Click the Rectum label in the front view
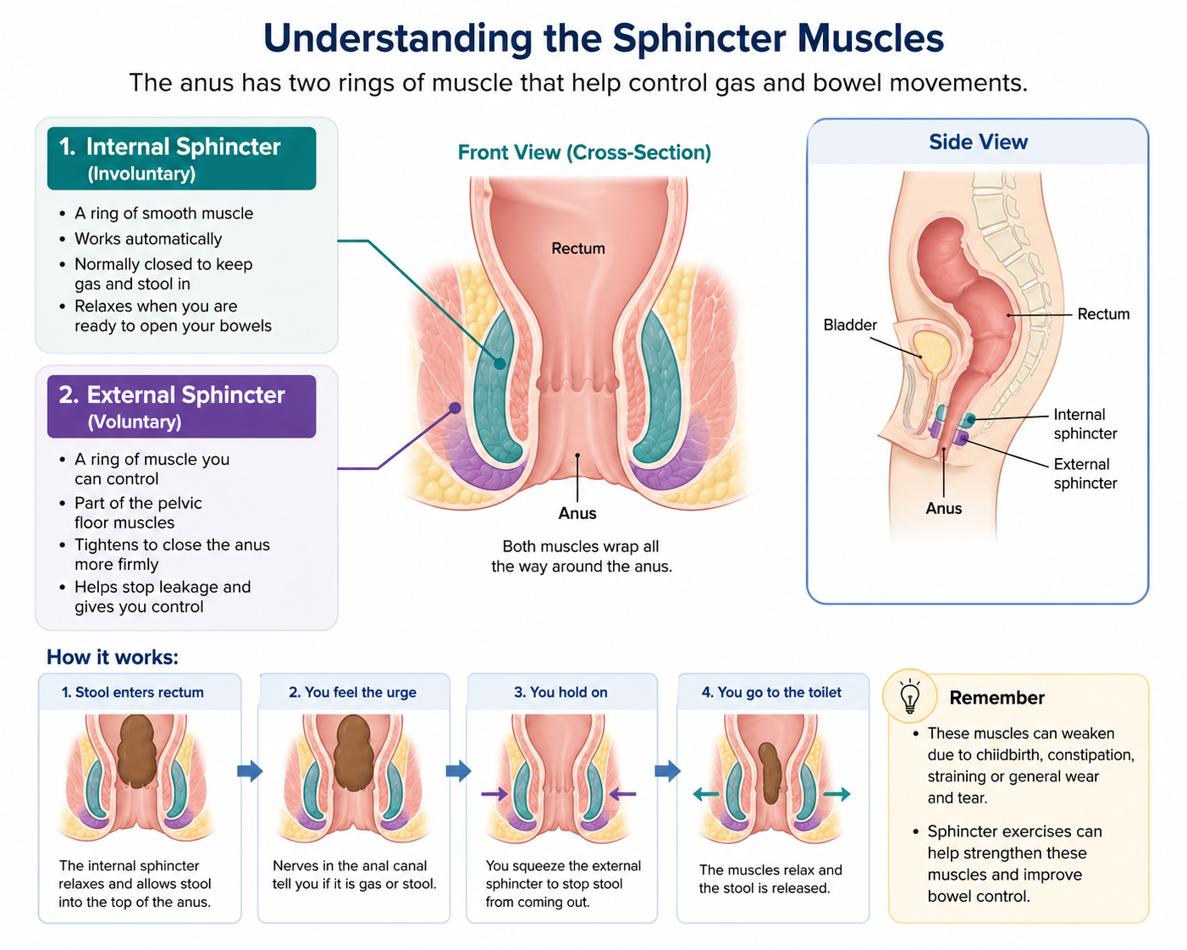tap(578, 248)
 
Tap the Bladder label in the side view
tap(850, 325)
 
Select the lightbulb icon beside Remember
tap(909, 697)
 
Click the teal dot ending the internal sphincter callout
tap(500, 363)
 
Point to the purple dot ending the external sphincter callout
tap(455, 408)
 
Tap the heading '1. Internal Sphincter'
tap(170, 146)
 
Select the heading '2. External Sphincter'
tap(172, 395)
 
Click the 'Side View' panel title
tap(978, 141)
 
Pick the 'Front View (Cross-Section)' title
tap(584, 152)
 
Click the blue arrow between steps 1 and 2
tap(250, 770)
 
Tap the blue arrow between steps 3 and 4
tap(667, 770)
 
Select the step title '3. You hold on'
tap(560, 693)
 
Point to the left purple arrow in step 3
tap(494, 794)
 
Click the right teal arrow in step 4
tap(836, 794)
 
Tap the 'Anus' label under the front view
tap(577, 514)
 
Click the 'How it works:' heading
tap(113, 657)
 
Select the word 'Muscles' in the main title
tap(870, 38)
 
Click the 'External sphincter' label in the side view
tap(1085, 473)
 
